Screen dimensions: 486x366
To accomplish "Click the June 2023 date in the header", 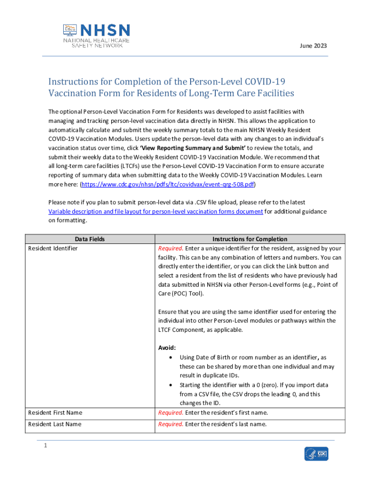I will (313, 46).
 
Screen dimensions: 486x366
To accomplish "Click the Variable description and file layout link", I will (156, 211).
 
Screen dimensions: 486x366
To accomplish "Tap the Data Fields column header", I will (90, 239).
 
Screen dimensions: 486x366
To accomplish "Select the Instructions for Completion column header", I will (250, 239).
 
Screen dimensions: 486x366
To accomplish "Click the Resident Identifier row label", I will (53, 248).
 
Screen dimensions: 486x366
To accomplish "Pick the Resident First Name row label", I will (55, 412).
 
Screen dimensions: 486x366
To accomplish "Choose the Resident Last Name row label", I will (55, 424).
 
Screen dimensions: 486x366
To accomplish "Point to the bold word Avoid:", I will (167, 347).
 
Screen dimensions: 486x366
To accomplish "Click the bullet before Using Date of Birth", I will (171, 357).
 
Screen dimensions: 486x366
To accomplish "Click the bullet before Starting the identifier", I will (171, 385).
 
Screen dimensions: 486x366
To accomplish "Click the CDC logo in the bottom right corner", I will (316, 454).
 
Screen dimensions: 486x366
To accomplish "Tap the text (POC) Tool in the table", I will (187, 293).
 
